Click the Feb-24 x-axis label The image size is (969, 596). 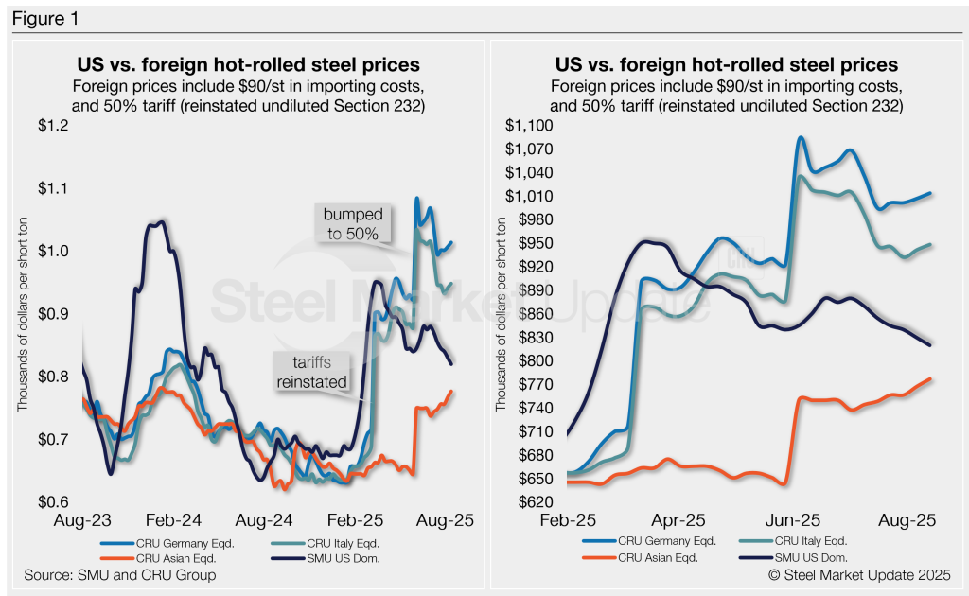[x=174, y=520]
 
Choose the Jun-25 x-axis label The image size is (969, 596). [x=793, y=520]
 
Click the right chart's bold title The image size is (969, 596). [x=726, y=65]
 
